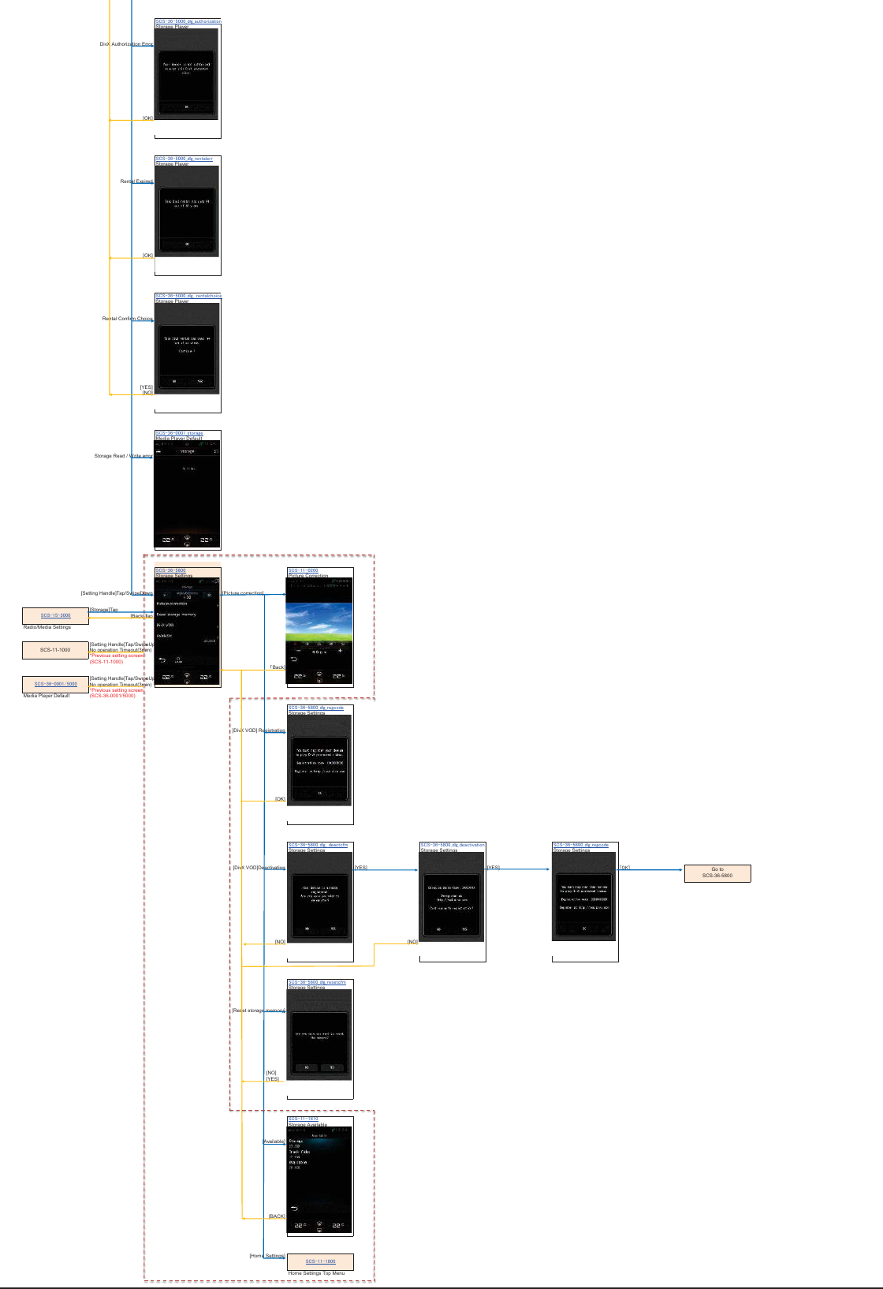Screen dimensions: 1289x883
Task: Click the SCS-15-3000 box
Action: [x=55, y=615]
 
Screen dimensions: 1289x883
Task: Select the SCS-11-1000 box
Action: [x=55, y=650]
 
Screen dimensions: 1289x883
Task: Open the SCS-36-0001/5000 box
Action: [x=55, y=684]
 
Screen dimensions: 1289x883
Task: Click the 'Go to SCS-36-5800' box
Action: [x=717, y=872]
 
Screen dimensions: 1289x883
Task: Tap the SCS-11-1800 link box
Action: [x=320, y=1261]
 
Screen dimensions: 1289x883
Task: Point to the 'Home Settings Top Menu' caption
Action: [x=316, y=1273]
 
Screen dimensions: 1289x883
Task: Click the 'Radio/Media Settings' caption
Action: [x=47, y=627]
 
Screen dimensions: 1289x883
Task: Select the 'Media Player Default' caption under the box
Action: [x=47, y=696]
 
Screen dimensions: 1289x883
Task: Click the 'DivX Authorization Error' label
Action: [x=126, y=44]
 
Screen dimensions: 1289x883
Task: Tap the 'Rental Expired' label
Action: [x=136, y=181]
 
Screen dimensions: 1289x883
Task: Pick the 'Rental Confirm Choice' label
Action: [x=127, y=319]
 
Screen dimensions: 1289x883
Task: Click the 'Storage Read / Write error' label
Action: [x=123, y=456]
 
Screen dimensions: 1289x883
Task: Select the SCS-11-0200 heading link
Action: [x=304, y=570]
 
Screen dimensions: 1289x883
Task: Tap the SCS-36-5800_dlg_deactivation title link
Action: [x=453, y=845]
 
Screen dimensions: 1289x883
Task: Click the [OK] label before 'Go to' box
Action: [x=624, y=868]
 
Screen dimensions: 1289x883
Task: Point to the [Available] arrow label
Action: [x=274, y=1141]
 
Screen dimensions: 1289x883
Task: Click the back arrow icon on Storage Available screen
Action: [x=295, y=1209]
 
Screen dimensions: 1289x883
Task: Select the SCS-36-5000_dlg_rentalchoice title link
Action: [x=188, y=296]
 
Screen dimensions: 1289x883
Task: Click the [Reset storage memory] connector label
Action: [x=258, y=1011]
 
